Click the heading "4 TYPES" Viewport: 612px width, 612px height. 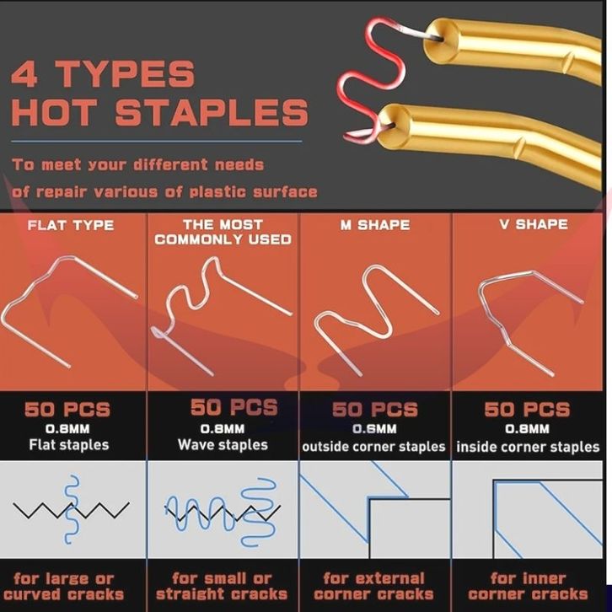point(103,73)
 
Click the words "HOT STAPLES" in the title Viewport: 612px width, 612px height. point(160,111)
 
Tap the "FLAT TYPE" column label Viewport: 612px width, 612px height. point(71,225)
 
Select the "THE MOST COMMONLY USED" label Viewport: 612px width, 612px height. point(223,232)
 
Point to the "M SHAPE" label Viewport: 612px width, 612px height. point(375,225)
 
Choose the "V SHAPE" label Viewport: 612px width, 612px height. point(534,224)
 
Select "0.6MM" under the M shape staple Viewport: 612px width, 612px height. point(374,429)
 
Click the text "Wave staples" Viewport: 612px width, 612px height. point(223,445)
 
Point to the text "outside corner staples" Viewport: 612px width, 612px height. point(373,447)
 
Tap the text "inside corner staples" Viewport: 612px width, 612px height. point(528,447)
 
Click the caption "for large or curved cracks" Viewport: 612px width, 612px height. point(64,586)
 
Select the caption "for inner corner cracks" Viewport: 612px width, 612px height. point(528,586)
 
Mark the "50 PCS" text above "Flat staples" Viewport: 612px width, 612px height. point(67,410)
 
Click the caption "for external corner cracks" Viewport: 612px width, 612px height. point(373,586)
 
